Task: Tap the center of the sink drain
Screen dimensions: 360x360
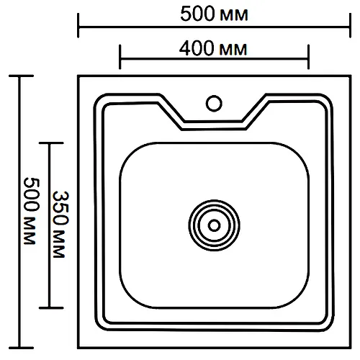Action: point(215,225)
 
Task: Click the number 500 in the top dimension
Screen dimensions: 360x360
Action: point(197,14)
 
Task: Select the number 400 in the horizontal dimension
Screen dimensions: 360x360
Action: point(197,48)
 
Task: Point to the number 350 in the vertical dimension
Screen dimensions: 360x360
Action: point(61,208)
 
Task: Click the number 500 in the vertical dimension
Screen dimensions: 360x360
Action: point(32,194)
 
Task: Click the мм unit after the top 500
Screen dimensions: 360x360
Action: point(233,16)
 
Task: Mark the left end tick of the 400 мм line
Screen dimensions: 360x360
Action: point(120,57)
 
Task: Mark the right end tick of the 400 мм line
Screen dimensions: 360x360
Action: point(308,57)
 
